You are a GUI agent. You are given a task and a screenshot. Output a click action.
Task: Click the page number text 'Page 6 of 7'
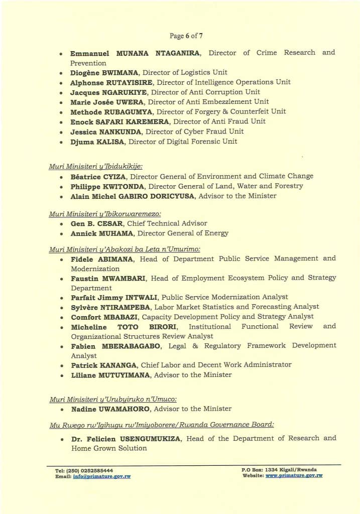pos(186,36)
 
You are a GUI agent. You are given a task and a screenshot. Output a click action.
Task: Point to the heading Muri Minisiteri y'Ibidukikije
pos(95,166)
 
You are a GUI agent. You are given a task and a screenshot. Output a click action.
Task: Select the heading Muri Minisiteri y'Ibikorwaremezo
pos(98,214)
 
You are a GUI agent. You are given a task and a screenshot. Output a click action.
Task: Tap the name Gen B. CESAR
pos(96,223)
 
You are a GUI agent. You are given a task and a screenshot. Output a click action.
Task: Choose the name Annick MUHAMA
pos(102,233)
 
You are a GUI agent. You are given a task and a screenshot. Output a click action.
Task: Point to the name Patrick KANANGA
pos(103,365)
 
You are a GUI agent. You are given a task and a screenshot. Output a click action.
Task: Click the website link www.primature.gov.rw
pos(294,475)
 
